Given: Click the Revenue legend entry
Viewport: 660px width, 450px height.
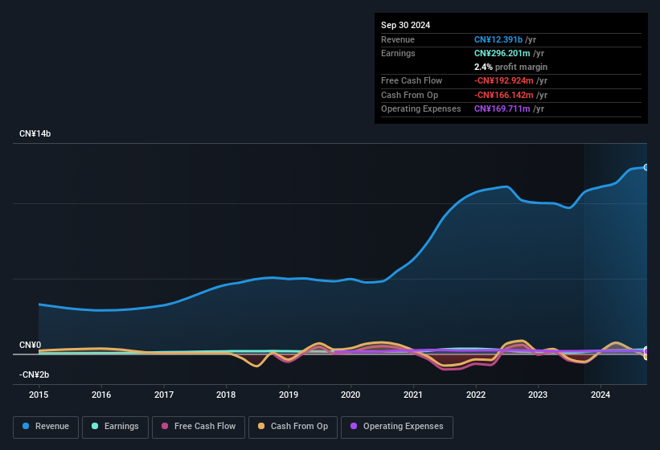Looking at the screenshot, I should point(46,427).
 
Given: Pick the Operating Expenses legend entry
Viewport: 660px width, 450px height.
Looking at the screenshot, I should point(396,427).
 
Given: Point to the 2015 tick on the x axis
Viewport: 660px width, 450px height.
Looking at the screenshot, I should point(39,395).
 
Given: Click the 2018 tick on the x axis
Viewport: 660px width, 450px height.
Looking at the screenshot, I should point(226,395).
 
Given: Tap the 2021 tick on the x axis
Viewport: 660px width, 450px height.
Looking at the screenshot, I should point(413,395).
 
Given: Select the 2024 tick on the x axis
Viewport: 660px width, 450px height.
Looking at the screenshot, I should point(601,395).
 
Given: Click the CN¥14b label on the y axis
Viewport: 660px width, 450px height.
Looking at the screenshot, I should point(35,133).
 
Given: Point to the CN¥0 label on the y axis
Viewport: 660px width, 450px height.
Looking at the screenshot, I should point(30,345).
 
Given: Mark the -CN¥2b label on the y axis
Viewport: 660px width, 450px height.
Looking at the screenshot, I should point(35,375).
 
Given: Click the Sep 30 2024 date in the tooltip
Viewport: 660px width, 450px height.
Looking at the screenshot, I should point(405,25).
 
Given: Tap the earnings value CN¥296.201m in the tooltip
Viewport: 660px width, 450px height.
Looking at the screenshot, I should point(502,53).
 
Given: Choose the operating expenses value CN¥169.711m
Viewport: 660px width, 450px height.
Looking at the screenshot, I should point(502,108).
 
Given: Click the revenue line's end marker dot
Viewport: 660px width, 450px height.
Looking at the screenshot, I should point(646,167).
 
